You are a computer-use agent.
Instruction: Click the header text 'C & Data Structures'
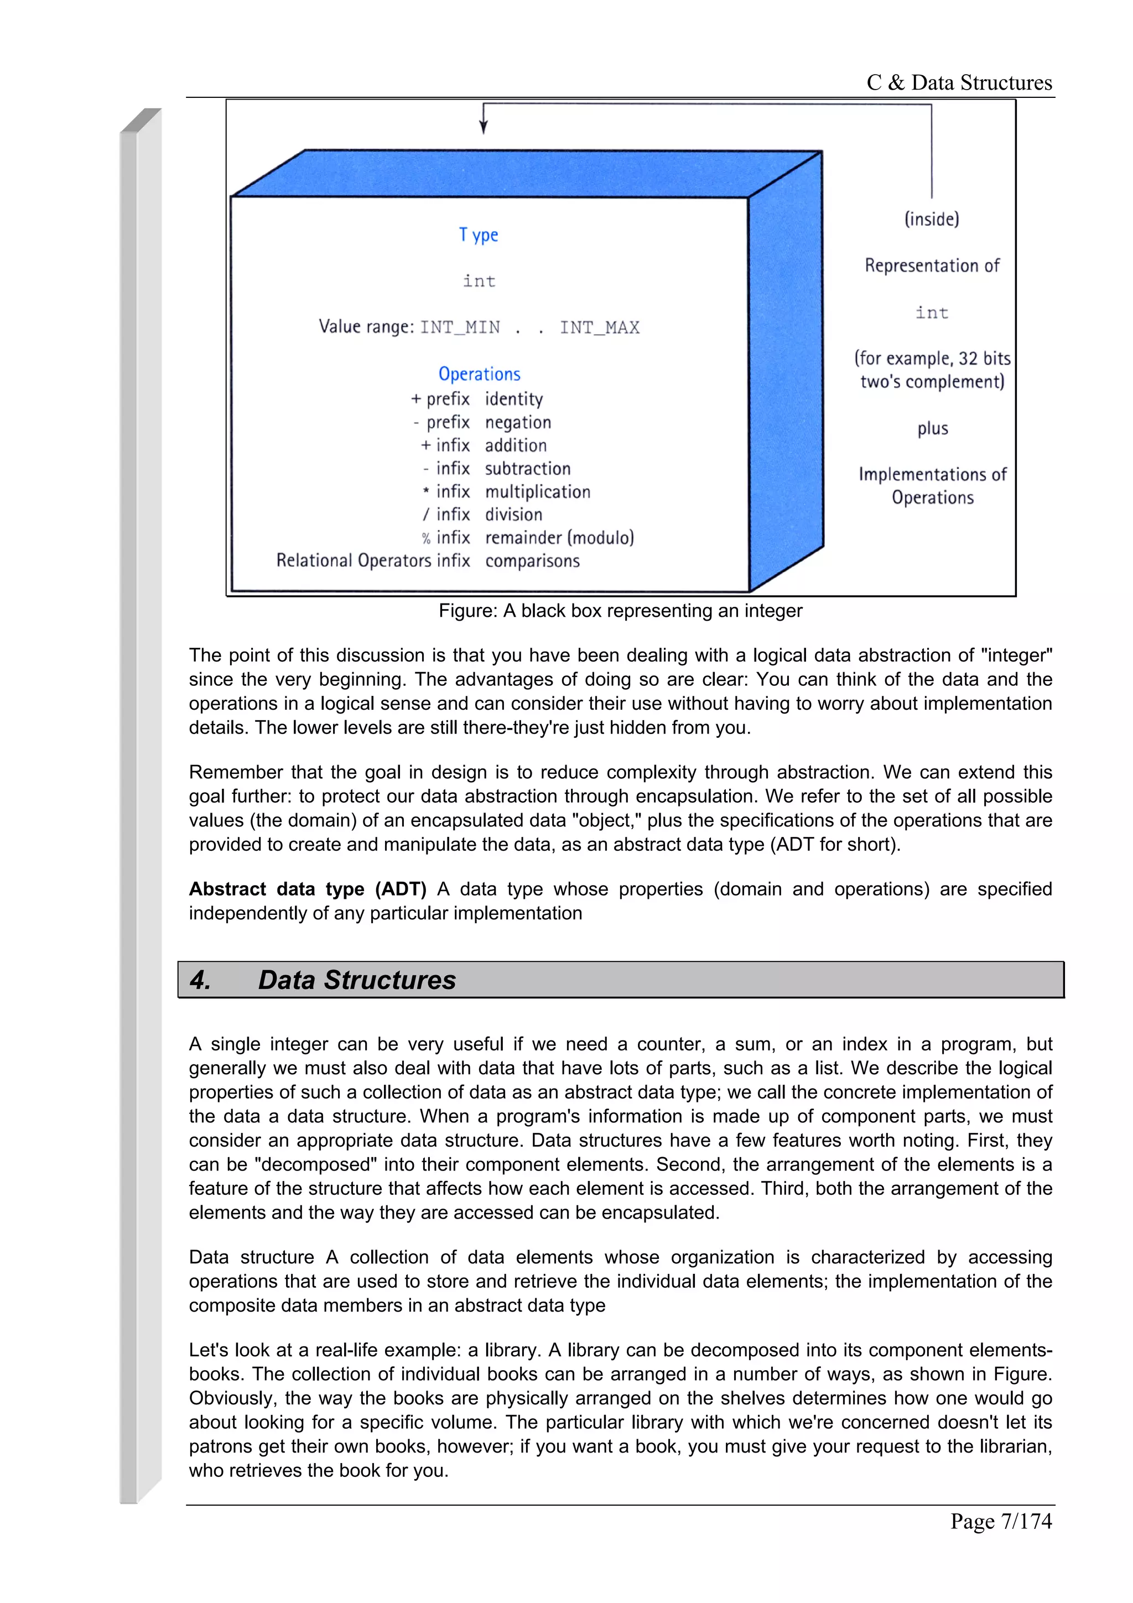(x=959, y=82)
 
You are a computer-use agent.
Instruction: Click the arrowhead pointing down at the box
(x=483, y=127)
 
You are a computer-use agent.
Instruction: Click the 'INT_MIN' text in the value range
(x=460, y=327)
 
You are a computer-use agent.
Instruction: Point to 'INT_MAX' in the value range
(x=599, y=327)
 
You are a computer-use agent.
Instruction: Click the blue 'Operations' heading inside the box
(x=479, y=374)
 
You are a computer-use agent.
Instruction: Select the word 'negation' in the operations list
(x=518, y=423)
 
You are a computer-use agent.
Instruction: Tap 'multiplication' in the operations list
(x=538, y=492)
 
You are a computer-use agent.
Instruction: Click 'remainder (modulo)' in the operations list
(x=559, y=538)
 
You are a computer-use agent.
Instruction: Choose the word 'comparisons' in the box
(x=532, y=561)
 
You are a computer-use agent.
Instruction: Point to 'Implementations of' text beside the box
(x=932, y=475)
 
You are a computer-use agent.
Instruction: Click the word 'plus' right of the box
(x=932, y=428)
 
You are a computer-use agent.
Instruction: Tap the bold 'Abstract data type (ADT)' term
(x=307, y=889)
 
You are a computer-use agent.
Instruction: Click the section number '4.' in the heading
(x=200, y=980)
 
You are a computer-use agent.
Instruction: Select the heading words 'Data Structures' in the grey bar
(x=357, y=980)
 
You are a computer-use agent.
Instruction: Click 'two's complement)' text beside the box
(x=932, y=382)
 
